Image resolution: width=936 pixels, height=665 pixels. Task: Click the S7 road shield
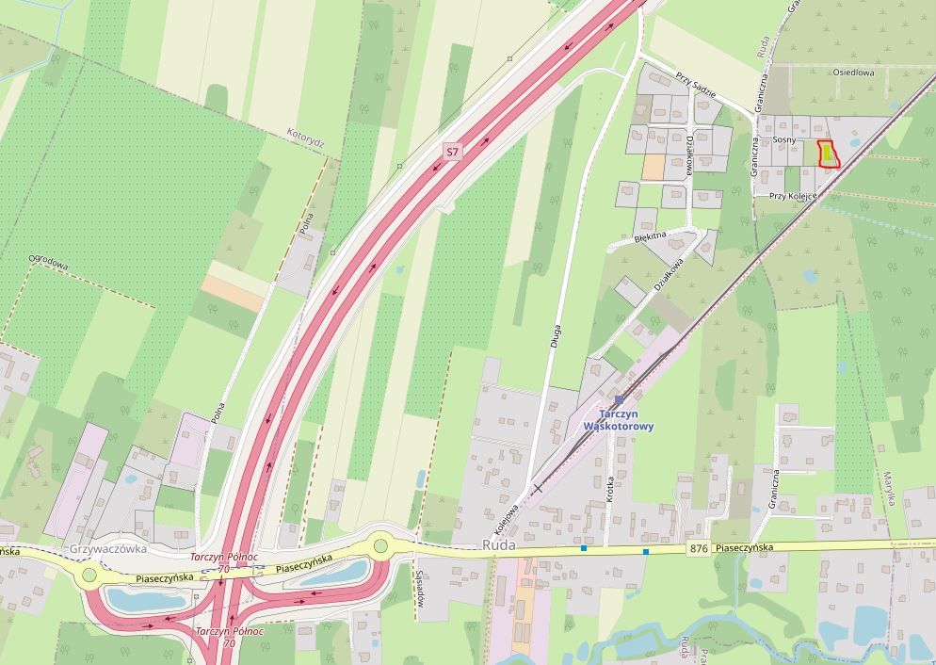point(453,151)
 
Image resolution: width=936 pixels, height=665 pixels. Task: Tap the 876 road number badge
point(698,549)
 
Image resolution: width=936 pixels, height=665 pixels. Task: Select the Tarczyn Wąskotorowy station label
point(619,419)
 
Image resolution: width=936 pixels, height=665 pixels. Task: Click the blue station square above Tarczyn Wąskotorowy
point(619,399)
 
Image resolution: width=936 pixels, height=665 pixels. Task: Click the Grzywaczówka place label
point(104,546)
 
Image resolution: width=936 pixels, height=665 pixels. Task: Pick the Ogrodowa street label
point(48,261)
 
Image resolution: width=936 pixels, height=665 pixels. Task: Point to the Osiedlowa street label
point(853,72)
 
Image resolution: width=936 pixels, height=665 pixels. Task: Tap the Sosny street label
point(783,139)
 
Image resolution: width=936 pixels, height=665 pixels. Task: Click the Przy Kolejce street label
point(792,196)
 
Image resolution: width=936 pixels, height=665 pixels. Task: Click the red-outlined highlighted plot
point(829,154)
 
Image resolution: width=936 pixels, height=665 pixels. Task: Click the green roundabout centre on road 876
point(380,544)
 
